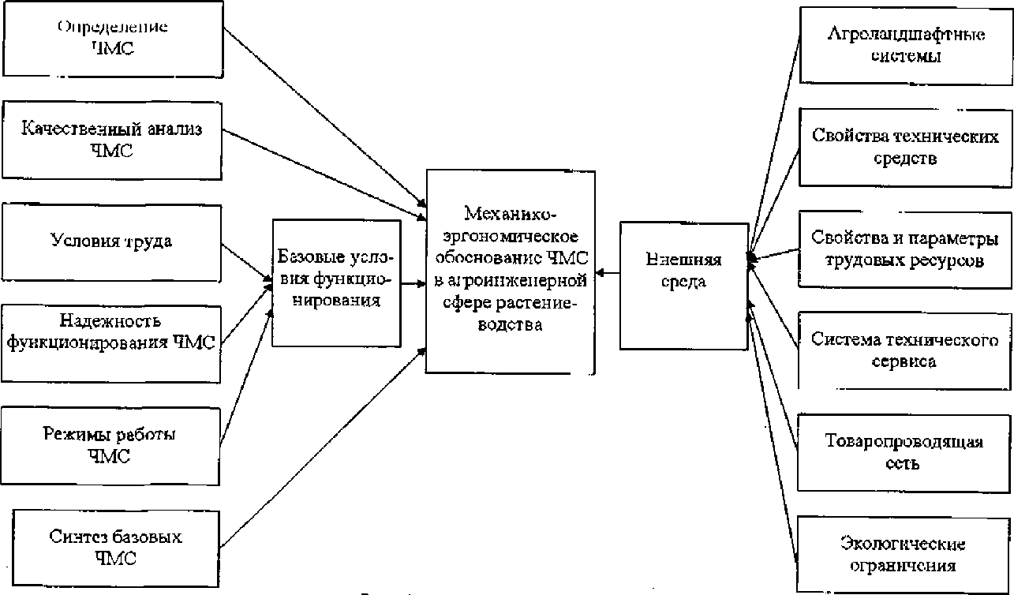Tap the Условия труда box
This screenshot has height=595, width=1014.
[112, 241]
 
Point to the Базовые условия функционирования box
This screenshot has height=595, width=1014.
[336, 282]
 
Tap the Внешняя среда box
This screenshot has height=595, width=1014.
[683, 285]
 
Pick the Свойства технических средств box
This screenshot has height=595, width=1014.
[905, 147]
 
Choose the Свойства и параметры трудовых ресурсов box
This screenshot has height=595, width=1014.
[905, 249]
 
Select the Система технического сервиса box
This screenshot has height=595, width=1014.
[905, 350]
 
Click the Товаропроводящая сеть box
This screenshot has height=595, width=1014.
[905, 452]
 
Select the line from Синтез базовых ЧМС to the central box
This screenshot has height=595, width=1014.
[324, 449]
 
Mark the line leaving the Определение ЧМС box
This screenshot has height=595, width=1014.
[324, 115]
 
